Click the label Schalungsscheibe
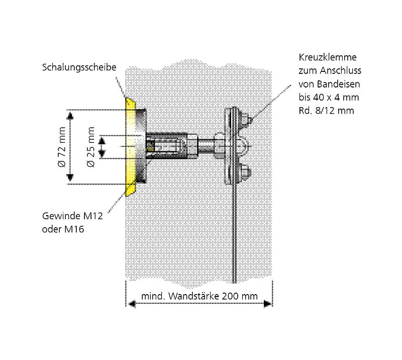[x=79, y=67]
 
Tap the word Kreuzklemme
[x=328, y=57]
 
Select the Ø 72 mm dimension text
[x=62, y=147]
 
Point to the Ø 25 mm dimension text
[x=91, y=147]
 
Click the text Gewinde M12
[x=72, y=216]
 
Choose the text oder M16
[x=63, y=229]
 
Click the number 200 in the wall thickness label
[x=230, y=296]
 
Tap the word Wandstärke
[x=193, y=296]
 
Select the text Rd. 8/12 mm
[x=326, y=111]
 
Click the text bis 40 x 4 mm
[x=329, y=97]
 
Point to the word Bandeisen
[x=338, y=84]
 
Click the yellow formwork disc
[x=130, y=147]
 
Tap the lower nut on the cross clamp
[x=245, y=172]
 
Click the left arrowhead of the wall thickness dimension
[x=132, y=304]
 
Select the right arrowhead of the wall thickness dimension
[x=267, y=304]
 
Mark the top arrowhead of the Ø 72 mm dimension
[x=70, y=116]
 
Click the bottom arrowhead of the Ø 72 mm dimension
[x=70, y=177]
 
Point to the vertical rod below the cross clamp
[x=234, y=233]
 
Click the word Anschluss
[x=341, y=70]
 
